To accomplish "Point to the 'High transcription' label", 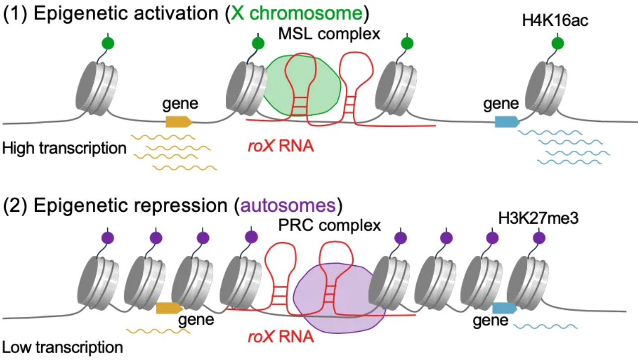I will tap(64, 147).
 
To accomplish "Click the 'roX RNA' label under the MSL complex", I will tap(281, 147).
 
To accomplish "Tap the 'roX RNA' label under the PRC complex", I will tap(281, 337).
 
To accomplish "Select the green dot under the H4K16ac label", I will tap(557, 44).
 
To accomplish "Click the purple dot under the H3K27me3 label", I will tap(539, 238).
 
